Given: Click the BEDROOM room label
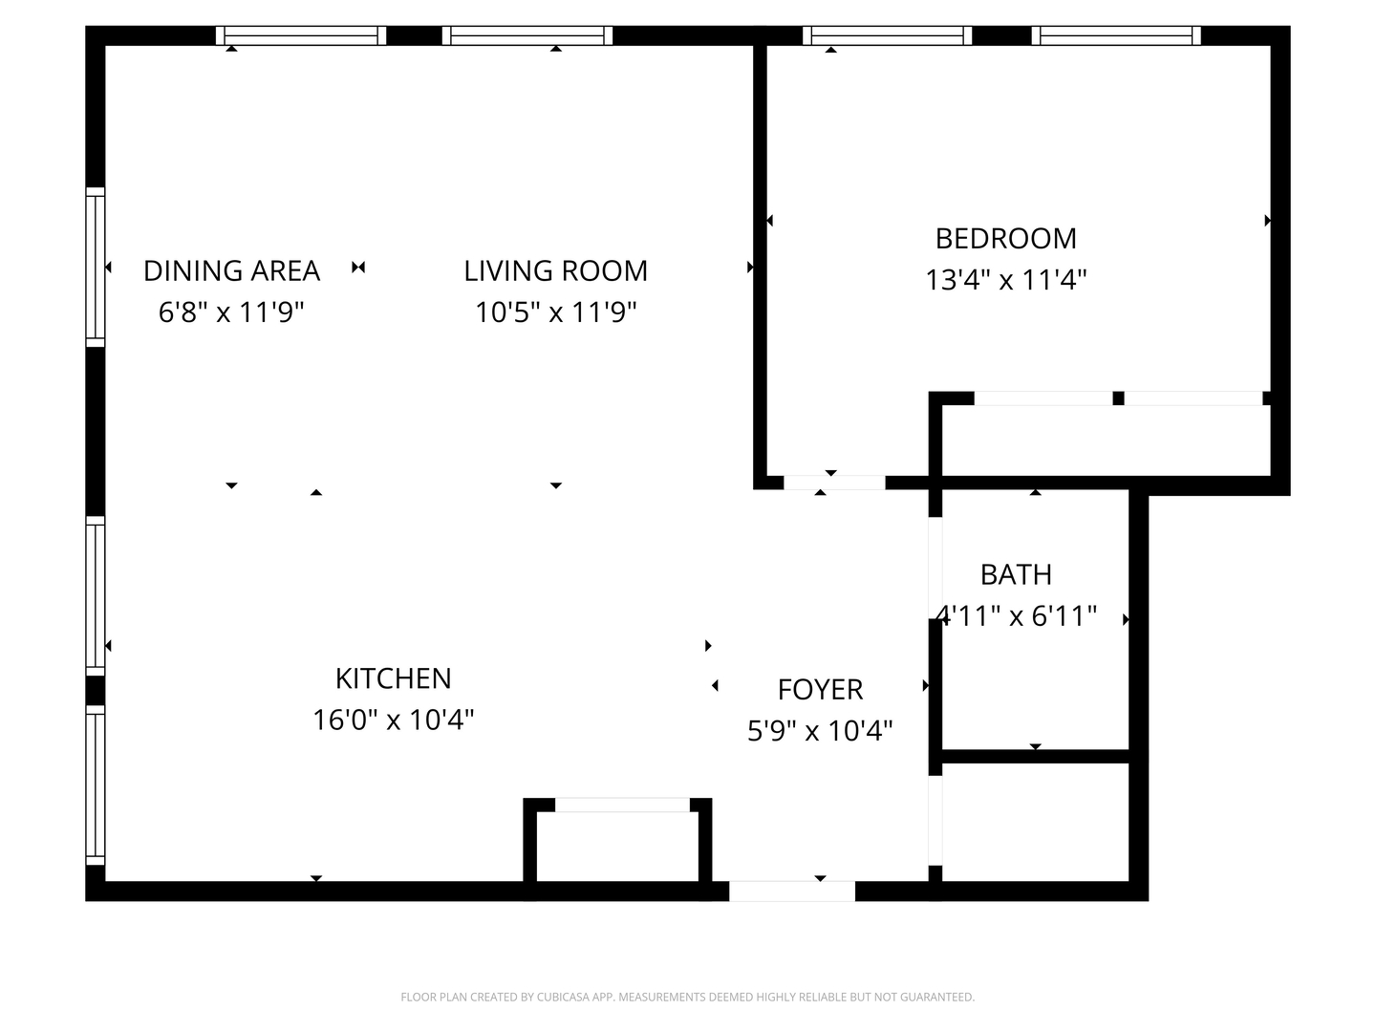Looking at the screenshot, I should (1005, 238).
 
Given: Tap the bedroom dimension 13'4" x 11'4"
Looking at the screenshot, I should (1005, 280).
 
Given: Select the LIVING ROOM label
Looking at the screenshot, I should (555, 270).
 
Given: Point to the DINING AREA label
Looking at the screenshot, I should (231, 270).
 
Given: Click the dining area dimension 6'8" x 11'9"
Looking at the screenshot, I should (231, 312).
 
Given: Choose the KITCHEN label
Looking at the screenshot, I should (393, 678).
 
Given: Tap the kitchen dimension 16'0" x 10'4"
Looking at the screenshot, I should (393, 720).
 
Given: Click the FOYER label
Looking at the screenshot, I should (820, 689).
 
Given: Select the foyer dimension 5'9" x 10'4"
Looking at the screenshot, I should (820, 731).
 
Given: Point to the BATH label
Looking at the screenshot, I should (1016, 574).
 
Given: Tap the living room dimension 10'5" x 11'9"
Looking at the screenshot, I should (555, 312).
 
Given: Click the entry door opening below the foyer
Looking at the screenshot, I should (791, 891).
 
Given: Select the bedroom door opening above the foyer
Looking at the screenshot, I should (834, 483).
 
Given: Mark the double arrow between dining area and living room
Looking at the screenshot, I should (358, 268).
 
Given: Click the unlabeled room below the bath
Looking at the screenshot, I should (1035, 822).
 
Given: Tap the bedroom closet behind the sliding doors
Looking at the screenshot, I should (1104, 440).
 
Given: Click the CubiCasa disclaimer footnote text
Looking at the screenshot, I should (687, 997).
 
